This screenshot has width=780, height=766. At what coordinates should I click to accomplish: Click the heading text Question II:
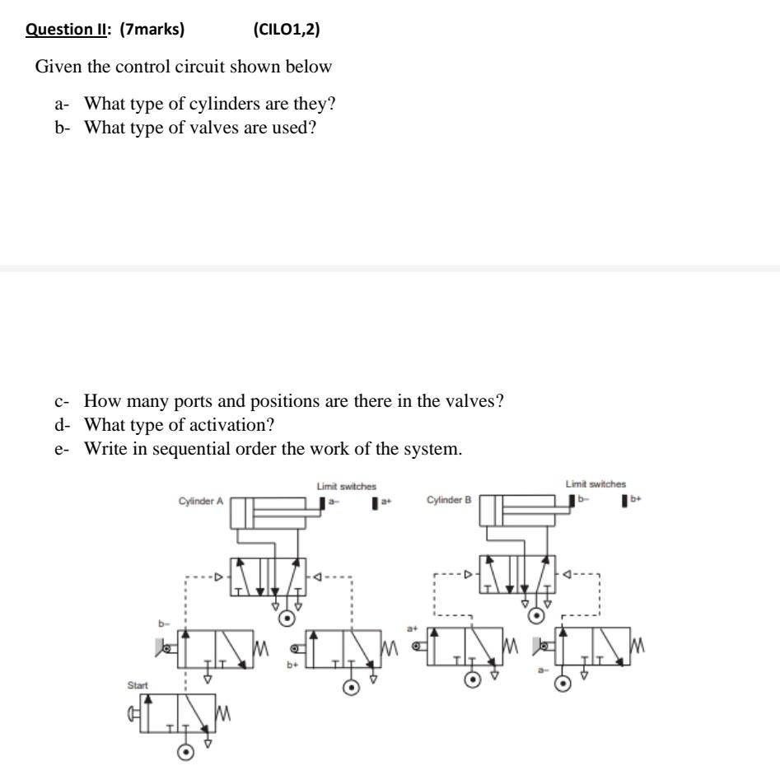tap(69, 30)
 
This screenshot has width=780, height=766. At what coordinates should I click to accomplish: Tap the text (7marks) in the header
tap(152, 30)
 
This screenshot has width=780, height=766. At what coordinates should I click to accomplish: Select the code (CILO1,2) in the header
tap(287, 30)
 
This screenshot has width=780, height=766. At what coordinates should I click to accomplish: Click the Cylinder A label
tap(201, 501)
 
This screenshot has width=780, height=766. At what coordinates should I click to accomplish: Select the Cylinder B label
tap(449, 500)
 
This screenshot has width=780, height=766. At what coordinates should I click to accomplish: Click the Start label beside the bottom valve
tap(137, 684)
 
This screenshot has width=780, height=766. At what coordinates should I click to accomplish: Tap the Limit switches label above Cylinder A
tap(347, 487)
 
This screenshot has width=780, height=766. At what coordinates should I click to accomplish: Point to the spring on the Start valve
tap(220, 712)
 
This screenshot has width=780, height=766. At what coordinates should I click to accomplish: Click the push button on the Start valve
tap(133, 712)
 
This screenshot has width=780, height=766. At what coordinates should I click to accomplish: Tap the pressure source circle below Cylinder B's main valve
tap(536, 614)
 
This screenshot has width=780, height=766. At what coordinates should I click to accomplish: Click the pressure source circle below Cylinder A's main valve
tap(287, 619)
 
